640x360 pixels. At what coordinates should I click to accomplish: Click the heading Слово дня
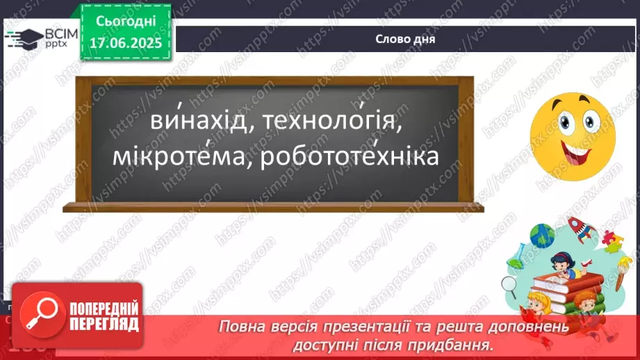point(405,39)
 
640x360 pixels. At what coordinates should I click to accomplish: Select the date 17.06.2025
point(126,42)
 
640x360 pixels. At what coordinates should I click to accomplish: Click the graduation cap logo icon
point(23,39)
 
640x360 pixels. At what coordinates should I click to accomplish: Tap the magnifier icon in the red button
point(35,313)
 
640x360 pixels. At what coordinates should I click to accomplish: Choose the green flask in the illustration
point(516,265)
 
